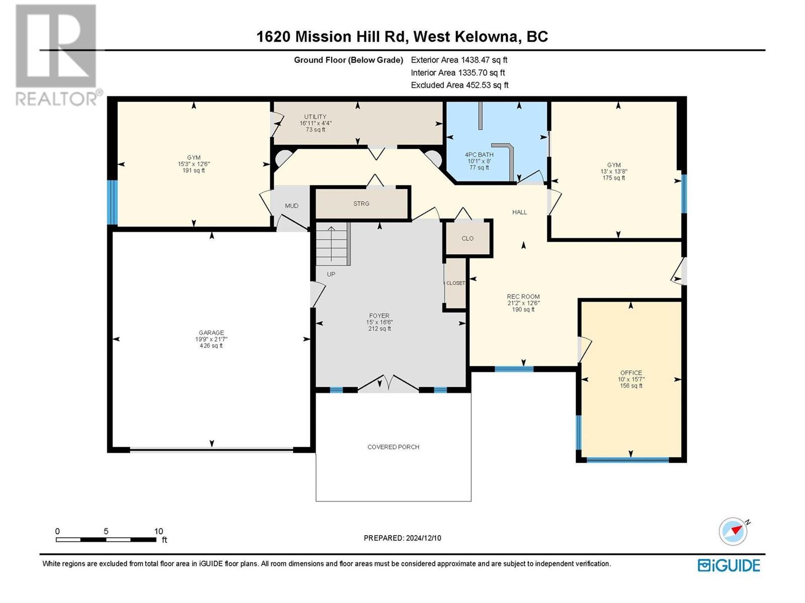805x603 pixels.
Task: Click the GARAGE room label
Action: click(x=211, y=333)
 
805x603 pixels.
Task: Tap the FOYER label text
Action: click(x=379, y=316)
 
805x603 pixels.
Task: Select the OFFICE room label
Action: click(x=631, y=373)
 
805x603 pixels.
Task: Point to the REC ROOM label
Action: click(x=523, y=296)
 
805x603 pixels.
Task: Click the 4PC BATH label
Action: click(x=479, y=154)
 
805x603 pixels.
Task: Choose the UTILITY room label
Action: click(x=315, y=117)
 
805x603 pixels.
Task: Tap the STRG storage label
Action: click(x=361, y=204)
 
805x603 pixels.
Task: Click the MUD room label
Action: click(x=291, y=206)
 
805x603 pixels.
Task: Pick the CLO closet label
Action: click(x=467, y=238)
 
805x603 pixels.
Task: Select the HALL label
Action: click(x=519, y=212)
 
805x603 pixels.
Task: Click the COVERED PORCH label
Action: click(x=393, y=447)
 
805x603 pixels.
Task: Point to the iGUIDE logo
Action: click(x=729, y=565)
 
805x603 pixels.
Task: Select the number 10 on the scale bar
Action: click(x=158, y=531)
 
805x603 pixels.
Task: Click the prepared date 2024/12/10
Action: click(x=423, y=538)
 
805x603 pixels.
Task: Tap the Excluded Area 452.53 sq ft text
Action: click(x=459, y=85)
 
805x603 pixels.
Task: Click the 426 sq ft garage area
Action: click(x=211, y=346)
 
